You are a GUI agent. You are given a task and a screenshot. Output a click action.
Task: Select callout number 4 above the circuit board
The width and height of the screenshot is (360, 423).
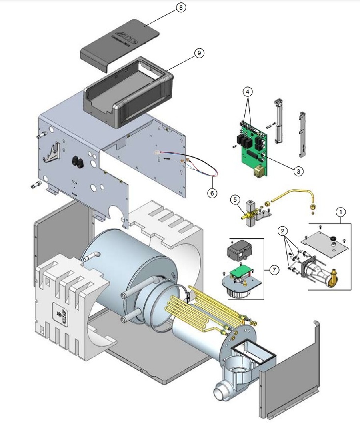click(x=248, y=92)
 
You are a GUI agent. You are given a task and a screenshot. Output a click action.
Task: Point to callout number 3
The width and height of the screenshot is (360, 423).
click(x=298, y=171)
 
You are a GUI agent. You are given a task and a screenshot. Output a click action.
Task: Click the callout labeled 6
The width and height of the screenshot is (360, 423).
click(x=212, y=193)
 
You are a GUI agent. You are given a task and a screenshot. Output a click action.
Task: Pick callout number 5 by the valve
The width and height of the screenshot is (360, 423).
click(x=235, y=199)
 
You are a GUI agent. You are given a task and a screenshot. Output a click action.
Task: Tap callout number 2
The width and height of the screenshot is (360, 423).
click(x=283, y=231)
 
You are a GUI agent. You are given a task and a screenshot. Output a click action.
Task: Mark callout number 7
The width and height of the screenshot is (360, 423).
click(x=274, y=270)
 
